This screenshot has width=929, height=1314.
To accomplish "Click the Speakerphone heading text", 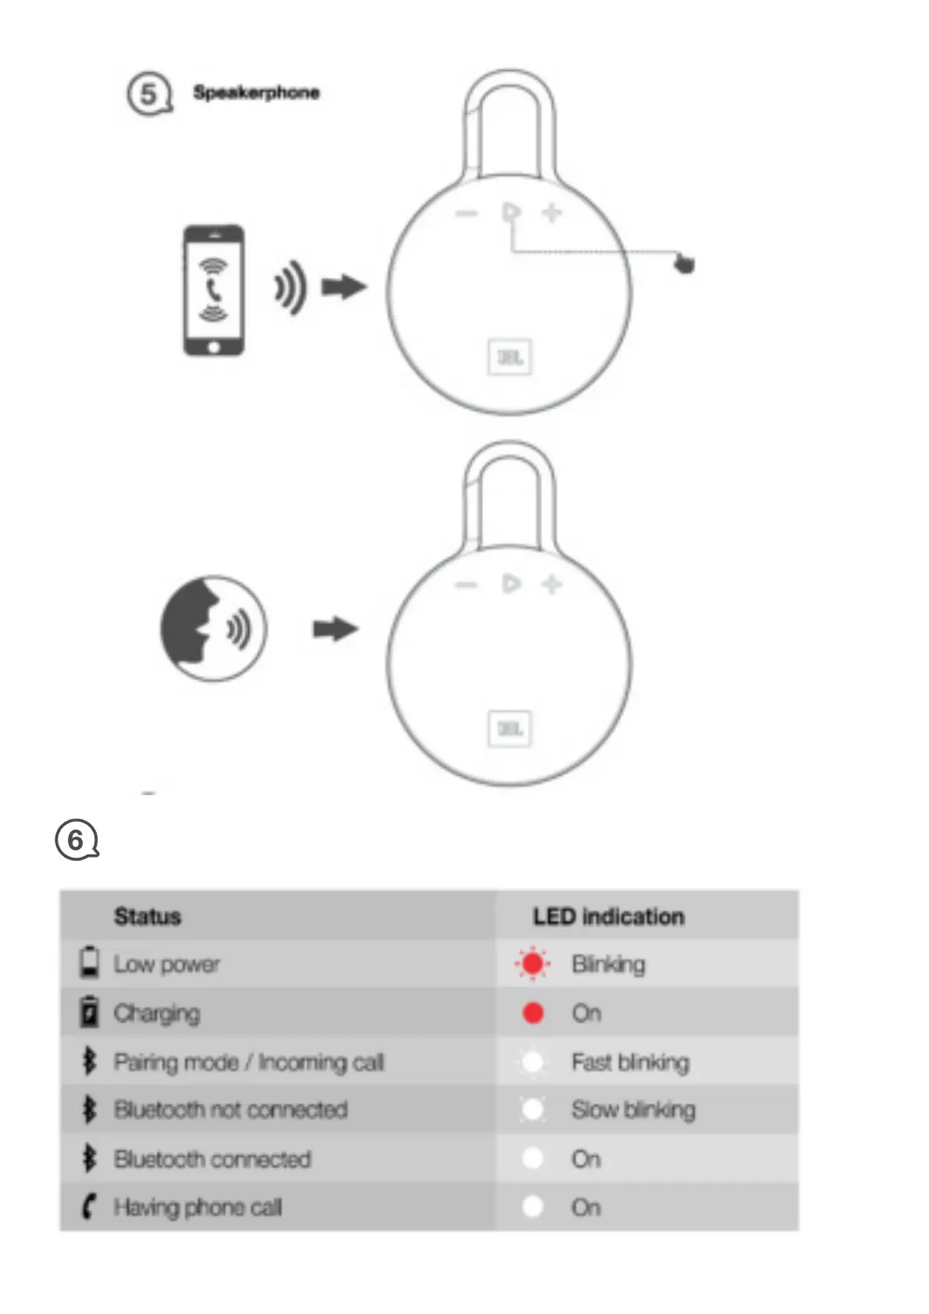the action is click(256, 93).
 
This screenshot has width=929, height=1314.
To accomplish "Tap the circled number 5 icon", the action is click(148, 94).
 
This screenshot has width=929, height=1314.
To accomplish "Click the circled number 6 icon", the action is click(77, 840).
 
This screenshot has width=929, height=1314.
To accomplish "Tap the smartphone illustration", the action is click(213, 290).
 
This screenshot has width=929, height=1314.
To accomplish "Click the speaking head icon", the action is click(212, 628).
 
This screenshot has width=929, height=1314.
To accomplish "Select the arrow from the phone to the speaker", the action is click(344, 287).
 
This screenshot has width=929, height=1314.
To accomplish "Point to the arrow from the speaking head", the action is click(336, 628).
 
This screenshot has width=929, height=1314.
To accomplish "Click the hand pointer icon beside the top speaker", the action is click(684, 264).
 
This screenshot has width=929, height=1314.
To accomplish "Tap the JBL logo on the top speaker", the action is click(510, 357).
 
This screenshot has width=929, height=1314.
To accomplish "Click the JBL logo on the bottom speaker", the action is click(510, 729).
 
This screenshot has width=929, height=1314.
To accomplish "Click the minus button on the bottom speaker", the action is click(466, 584).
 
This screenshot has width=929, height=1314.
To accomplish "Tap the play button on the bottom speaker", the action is click(511, 584).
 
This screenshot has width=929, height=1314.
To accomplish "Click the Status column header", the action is click(148, 916).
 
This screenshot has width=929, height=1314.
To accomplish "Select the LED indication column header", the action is click(608, 916).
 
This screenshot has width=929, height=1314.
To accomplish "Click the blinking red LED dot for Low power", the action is click(533, 964).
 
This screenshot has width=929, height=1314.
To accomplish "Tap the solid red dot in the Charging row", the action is click(533, 1013).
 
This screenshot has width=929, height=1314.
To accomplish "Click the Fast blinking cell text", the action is click(630, 1062).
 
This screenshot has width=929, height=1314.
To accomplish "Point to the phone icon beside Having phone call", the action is click(89, 1207).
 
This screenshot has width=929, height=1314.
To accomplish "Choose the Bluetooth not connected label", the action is click(230, 1110).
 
